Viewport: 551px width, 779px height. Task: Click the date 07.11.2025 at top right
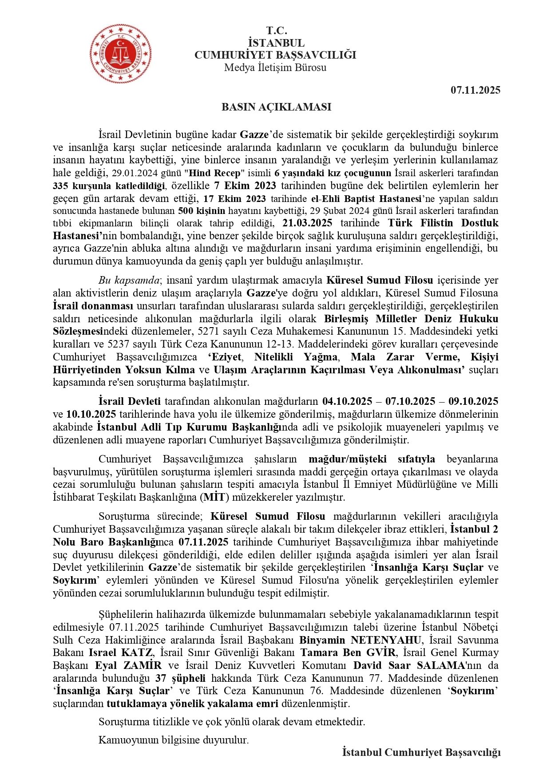pos(475,90)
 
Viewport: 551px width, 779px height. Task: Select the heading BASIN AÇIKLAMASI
pos(276,107)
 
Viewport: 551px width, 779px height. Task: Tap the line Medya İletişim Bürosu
pos(275,67)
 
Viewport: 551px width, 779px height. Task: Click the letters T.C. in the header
pos(276,31)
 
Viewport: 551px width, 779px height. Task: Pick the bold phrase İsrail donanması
pos(93,306)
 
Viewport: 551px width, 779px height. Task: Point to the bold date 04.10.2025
pos(347,401)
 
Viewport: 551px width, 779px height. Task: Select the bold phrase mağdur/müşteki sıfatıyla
pos(372,459)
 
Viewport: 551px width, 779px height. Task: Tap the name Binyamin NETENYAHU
pos(360,640)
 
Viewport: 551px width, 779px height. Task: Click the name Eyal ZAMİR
pos(128,666)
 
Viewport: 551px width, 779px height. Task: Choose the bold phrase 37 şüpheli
pos(180,678)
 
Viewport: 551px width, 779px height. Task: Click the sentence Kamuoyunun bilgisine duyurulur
pos(174,740)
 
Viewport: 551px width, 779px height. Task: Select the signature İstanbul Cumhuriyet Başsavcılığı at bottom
pos(421,752)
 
